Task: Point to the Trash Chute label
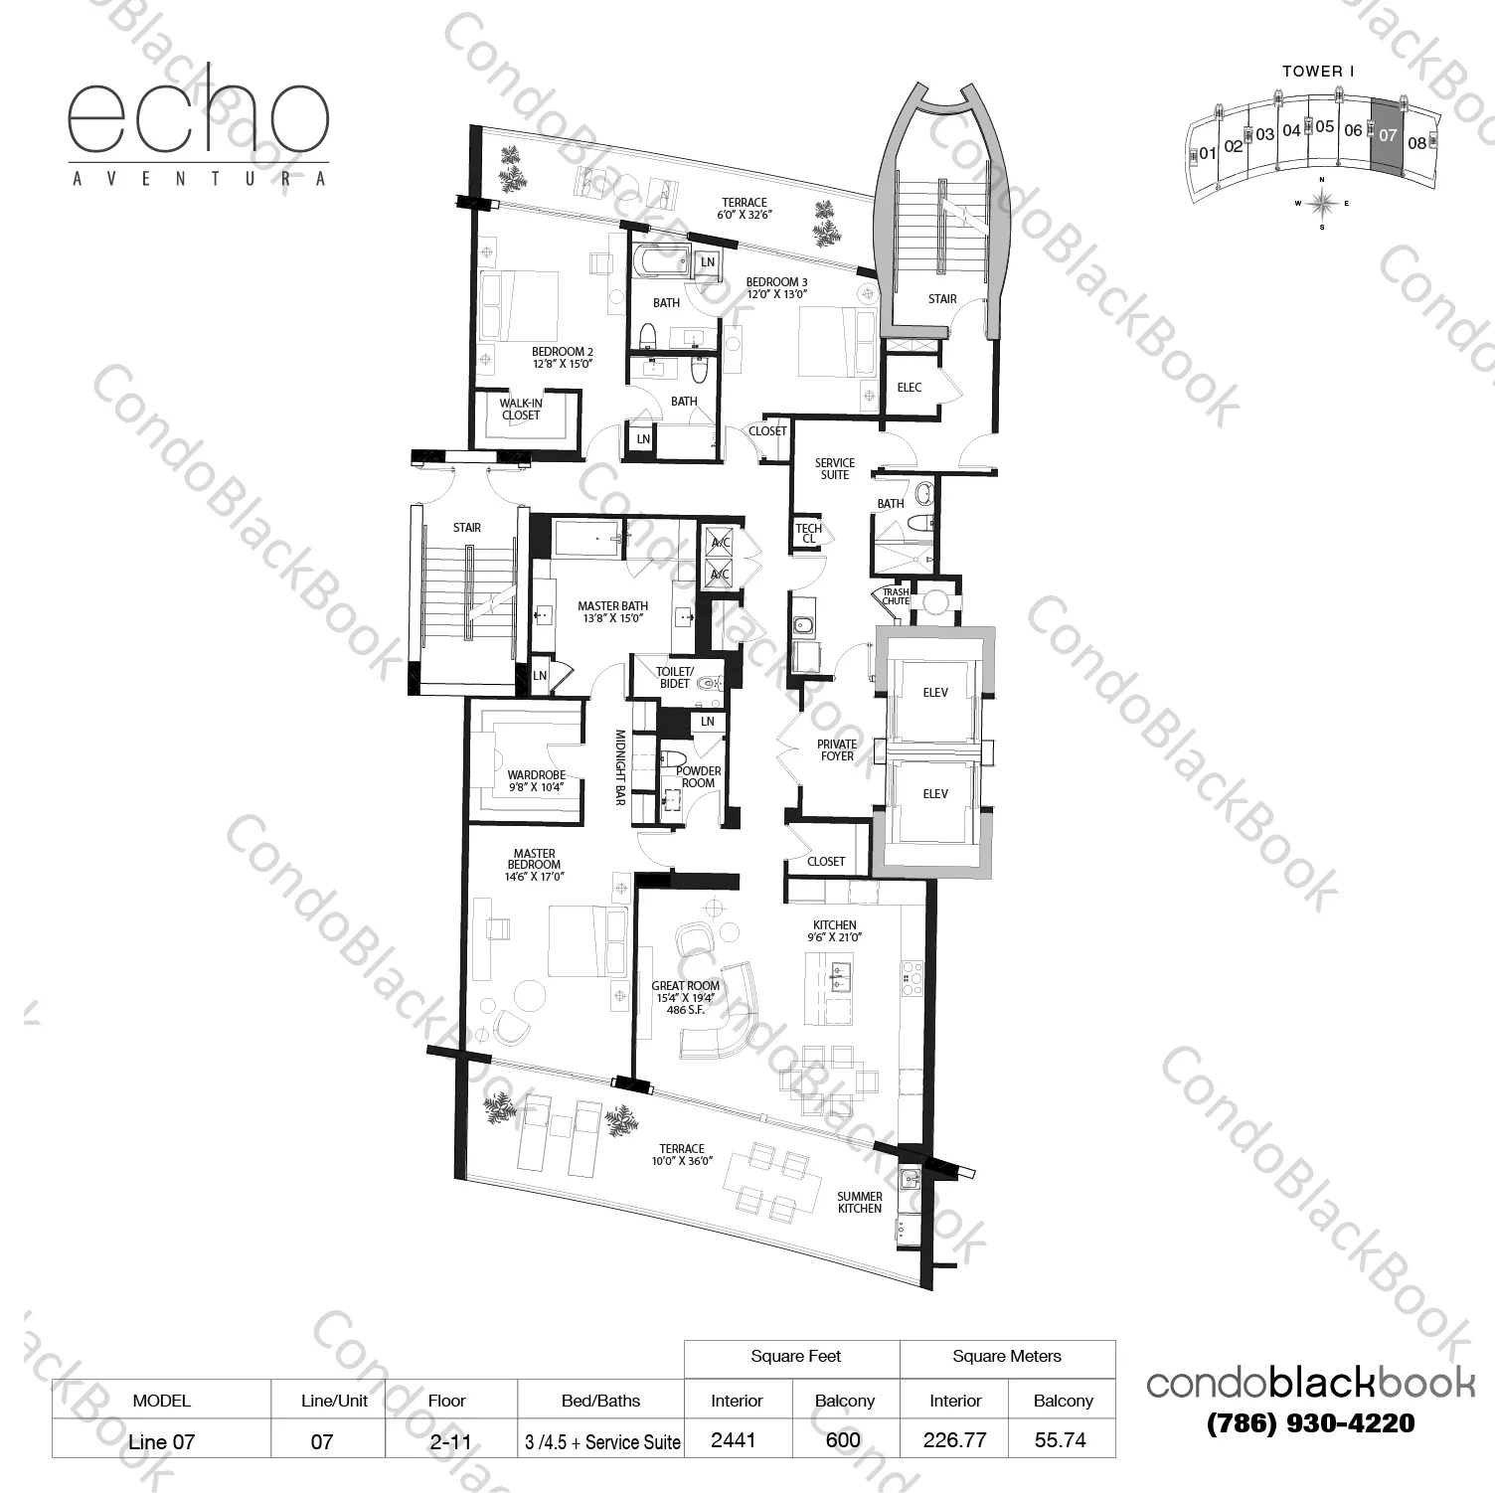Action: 896,596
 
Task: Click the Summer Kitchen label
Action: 859,1203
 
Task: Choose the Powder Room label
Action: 698,776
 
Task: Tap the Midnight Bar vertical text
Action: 619,767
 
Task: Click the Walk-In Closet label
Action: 521,410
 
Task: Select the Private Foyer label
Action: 837,749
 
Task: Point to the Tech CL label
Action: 808,534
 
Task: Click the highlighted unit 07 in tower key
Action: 1388,135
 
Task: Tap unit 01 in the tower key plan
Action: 1208,154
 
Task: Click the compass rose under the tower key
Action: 1322,203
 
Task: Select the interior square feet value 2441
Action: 737,1440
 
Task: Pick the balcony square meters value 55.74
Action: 1061,1440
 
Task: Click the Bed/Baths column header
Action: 600,1401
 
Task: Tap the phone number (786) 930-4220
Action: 1310,1423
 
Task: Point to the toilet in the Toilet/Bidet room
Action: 707,683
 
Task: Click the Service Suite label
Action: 834,468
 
